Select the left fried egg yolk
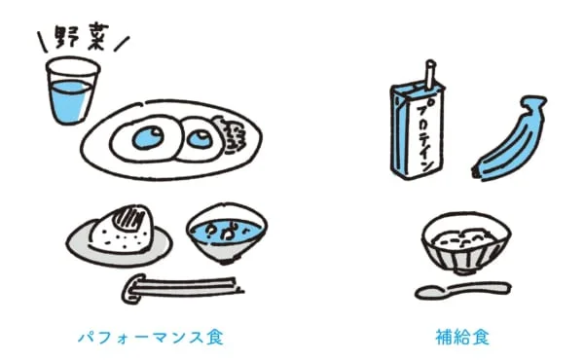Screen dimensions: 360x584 coord(150,137)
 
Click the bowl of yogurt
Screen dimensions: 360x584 coord(466,243)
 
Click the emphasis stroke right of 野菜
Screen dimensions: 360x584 coord(120,44)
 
